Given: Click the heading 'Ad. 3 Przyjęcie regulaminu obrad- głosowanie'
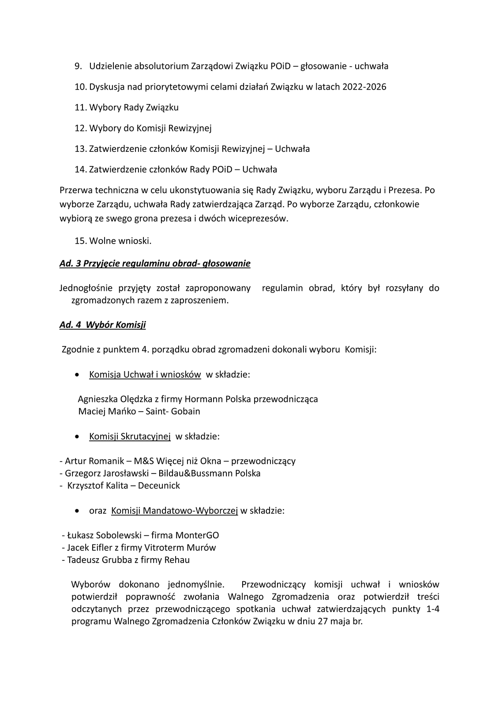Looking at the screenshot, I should pyautogui.click(x=155, y=263).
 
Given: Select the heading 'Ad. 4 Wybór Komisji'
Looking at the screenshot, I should pyautogui.click(x=102, y=325).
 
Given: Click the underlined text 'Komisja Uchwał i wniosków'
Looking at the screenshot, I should pyautogui.click(x=145, y=375).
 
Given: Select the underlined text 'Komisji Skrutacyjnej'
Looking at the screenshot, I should pyautogui.click(x=130, y=436).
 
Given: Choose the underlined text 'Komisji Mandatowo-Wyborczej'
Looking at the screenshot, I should pyautogui.click(x=175, y=511).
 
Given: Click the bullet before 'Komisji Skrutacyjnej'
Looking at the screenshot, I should pyautogui.click(x=78, y=436).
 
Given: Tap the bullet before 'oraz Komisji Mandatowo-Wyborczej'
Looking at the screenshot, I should pyautogui.click(x=78, y=511).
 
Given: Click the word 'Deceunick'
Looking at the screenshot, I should pyautogui.click(x=159, y=485).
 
